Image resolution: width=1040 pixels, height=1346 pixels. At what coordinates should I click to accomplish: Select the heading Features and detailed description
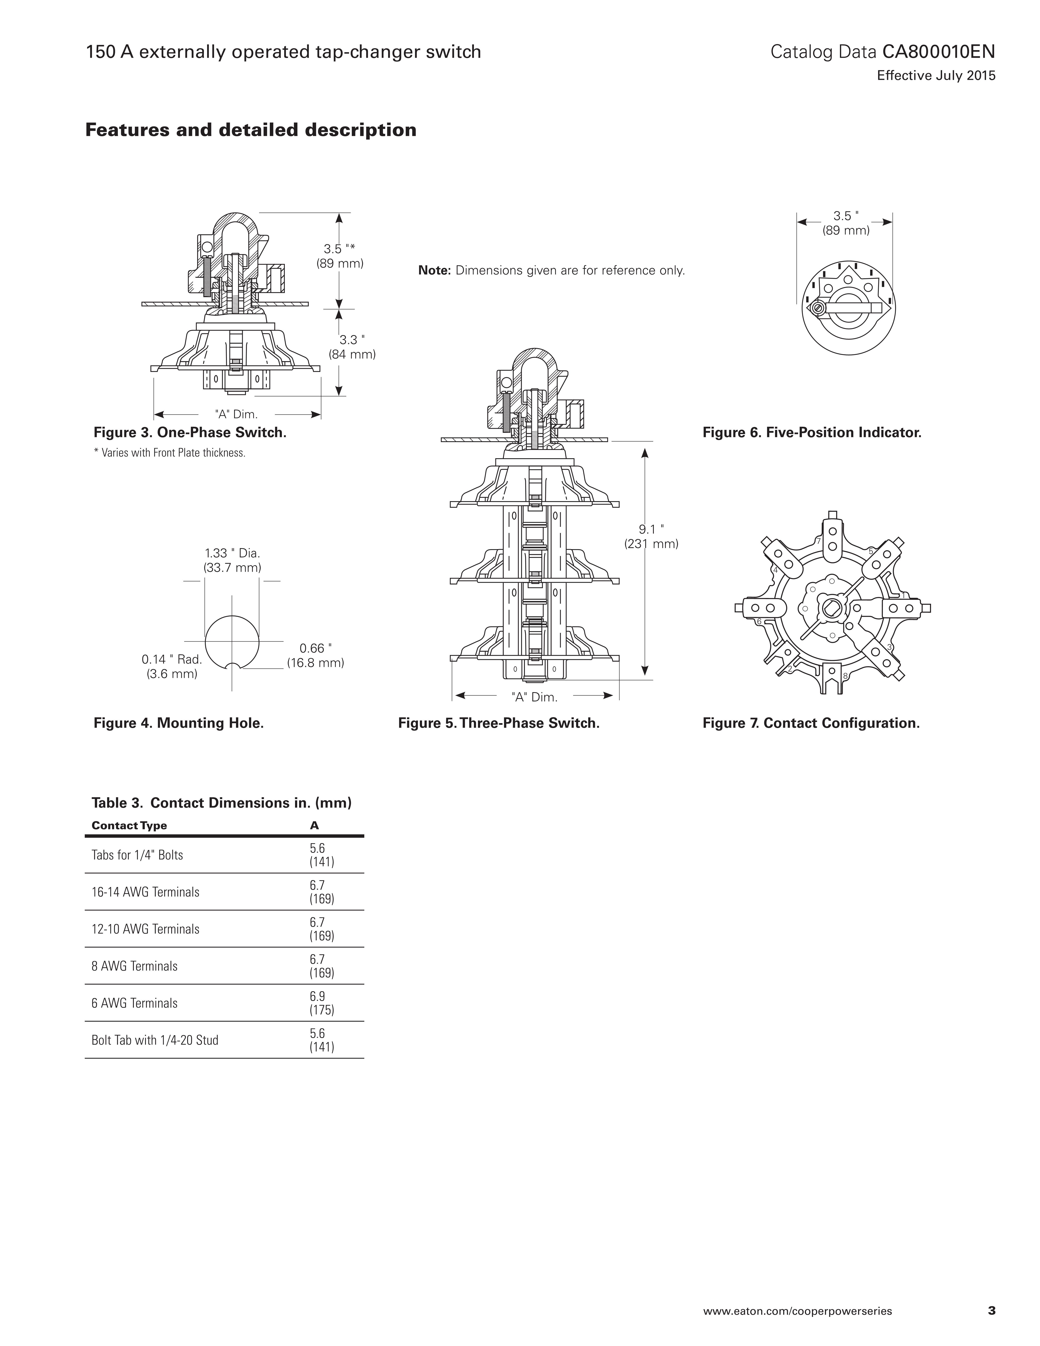pos(251,130)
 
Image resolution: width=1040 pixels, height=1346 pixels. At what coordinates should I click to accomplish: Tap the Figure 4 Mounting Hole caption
pos(179,723)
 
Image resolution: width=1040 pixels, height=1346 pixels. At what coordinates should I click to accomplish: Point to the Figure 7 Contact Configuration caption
pos(811,723)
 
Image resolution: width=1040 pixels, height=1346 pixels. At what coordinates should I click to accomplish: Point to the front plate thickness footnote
pos(170,453)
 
